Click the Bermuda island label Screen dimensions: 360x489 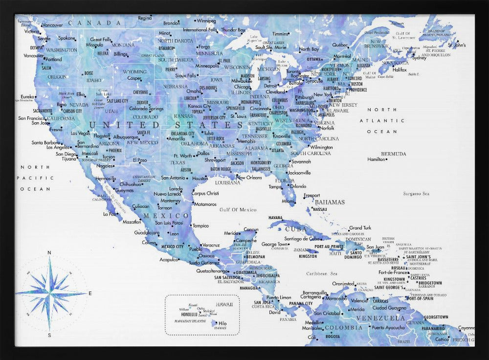(394, 154)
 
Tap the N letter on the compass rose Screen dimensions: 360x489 (49, 252)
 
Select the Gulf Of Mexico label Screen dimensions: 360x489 (238, 209)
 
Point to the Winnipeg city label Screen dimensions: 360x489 (207, 21)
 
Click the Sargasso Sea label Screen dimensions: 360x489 (416, 194)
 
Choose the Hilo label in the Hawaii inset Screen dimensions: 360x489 (222, 323)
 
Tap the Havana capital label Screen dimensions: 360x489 (275, 218)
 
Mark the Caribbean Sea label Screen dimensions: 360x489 (322, 273)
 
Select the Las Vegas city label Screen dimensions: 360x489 (80, 133)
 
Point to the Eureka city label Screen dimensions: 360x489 (27, 96)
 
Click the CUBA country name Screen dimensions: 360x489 (296, 228)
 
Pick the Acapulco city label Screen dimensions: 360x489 (169, 260)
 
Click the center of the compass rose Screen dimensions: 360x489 (49, 293)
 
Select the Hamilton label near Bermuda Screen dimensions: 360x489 (376, 159)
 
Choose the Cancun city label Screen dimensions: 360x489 (251, 229)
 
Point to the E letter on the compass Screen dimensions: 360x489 (90, 293)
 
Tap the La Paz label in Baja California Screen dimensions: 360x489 (109, 214)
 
